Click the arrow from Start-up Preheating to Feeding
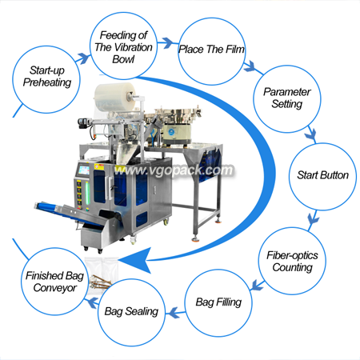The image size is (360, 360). point(84,58)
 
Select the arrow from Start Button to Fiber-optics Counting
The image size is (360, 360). point(313,219)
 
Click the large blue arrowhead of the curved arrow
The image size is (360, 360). point(136,260)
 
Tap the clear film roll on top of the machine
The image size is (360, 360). point(115,98)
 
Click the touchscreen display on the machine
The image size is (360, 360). point(84,170)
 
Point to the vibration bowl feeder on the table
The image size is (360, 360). point(177,125)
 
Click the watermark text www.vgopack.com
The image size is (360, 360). point(174,170)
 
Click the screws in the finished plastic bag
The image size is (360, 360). point(100,282)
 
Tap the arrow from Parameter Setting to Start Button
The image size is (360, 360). point(310,135)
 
